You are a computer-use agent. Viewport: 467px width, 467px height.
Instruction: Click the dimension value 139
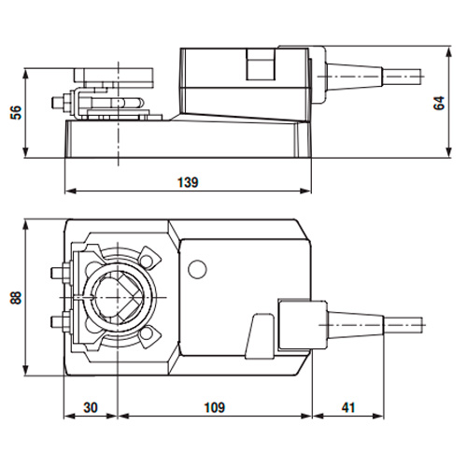(x=188, y=182)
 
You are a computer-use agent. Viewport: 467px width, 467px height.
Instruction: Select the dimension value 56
(x=16, y=112)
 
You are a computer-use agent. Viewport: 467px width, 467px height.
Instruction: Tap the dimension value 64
(x=439, y=103)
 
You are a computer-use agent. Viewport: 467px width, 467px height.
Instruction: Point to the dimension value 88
(x=16, y=298)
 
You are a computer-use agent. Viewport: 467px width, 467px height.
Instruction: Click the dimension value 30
(x=91, y=407)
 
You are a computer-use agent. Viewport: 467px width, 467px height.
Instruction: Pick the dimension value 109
(x=214, y=407)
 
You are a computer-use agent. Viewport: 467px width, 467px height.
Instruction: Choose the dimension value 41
(x=348, y=407)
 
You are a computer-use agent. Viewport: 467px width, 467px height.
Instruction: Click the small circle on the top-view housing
(x=197, y=269)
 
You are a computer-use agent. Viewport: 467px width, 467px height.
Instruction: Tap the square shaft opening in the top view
(x=118, y=297)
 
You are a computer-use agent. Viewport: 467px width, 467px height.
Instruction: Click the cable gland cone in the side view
(x=354, y=76)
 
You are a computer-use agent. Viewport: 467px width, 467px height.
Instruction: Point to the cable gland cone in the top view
(x=355, y=325)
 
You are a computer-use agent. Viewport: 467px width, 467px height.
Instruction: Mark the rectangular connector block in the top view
(x=303, y=324)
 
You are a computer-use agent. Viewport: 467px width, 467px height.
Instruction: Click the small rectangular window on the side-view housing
(x=262, y=64)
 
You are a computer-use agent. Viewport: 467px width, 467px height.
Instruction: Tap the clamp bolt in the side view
(x=64, y=102)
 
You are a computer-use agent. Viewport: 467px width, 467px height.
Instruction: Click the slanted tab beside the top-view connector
(x=260, y=336)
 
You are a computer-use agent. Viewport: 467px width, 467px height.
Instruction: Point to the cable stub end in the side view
(x=403, y=76)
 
